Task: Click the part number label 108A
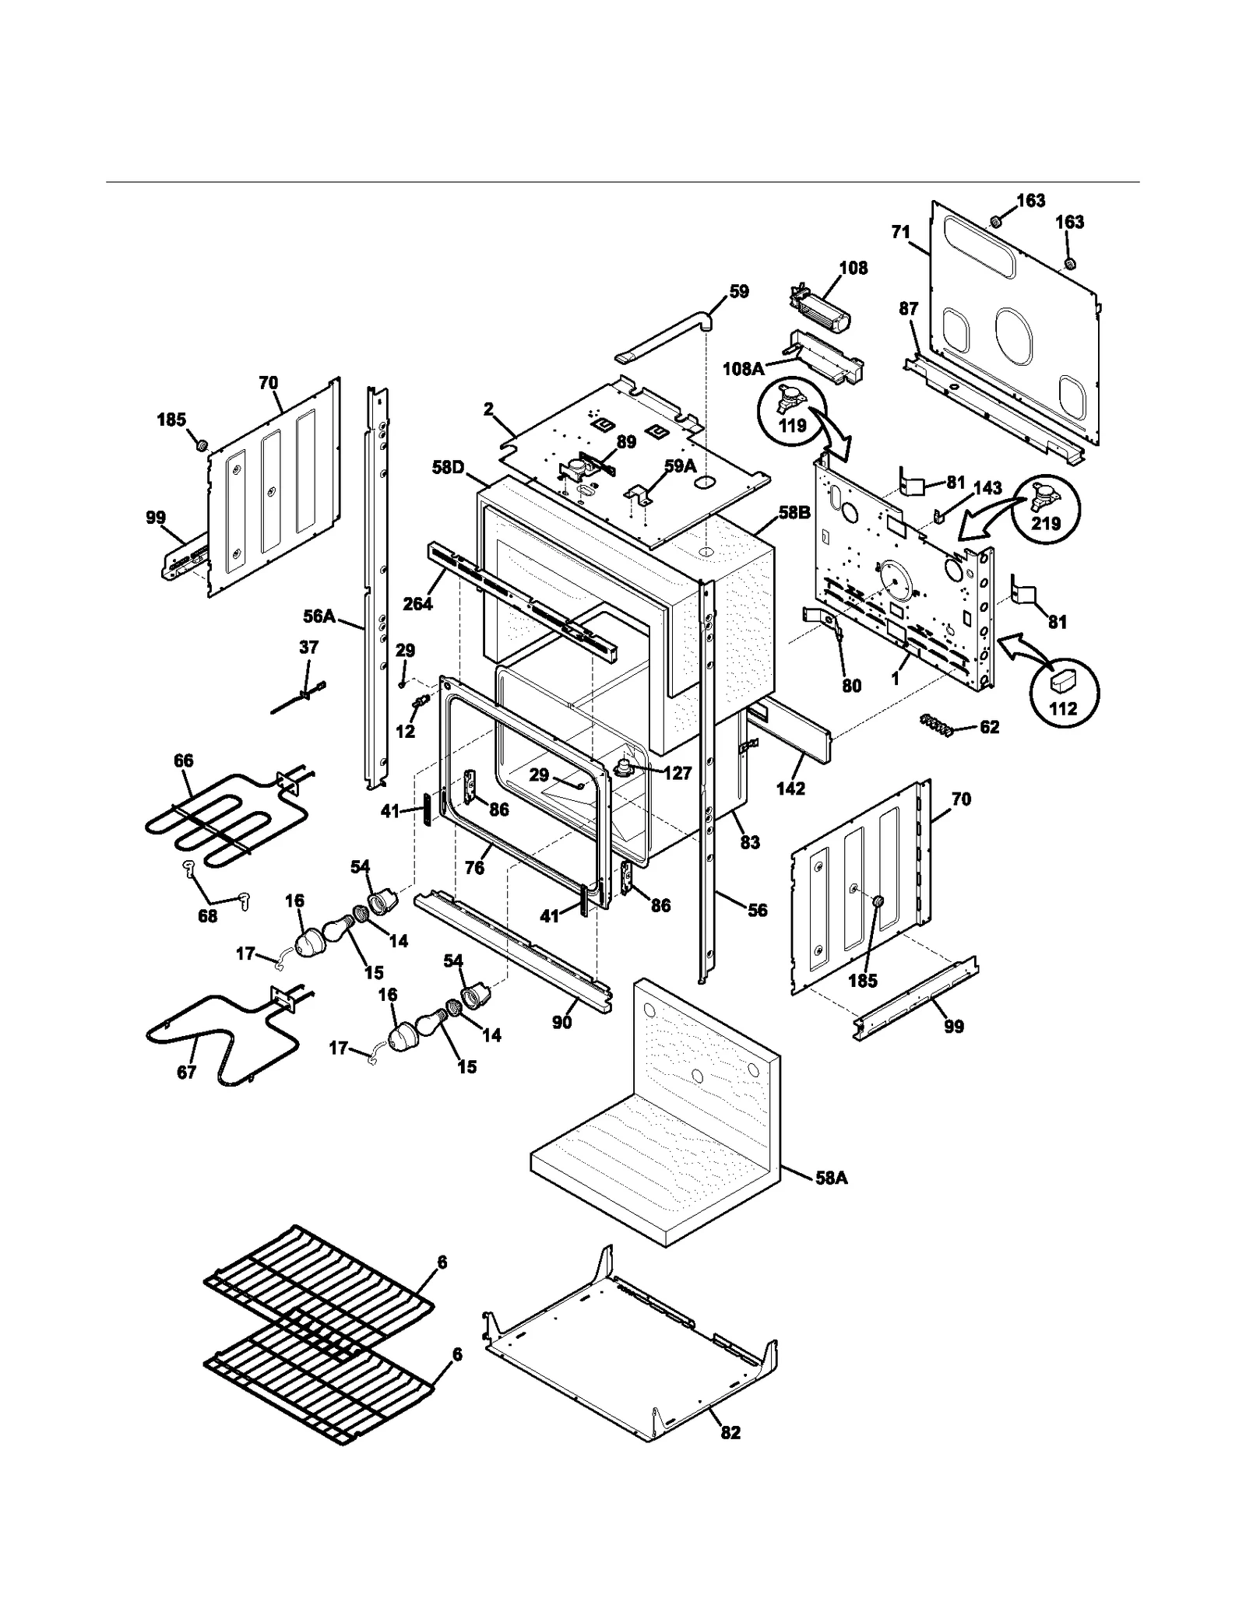[x=743, y=368]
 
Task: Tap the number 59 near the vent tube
[x=738, y=291]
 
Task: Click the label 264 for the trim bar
[x=417, y=603]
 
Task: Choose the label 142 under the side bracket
[x=790, y=788]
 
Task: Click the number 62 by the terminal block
[x=989, y=727]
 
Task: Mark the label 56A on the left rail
[x=319, y=616]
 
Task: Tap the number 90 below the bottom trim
[x=562, y=1022]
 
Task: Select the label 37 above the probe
[x=308, y=647]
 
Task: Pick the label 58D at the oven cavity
[x=448, y=467]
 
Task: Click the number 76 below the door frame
[x=474, y=867]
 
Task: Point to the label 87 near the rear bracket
[x=908, y=309]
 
